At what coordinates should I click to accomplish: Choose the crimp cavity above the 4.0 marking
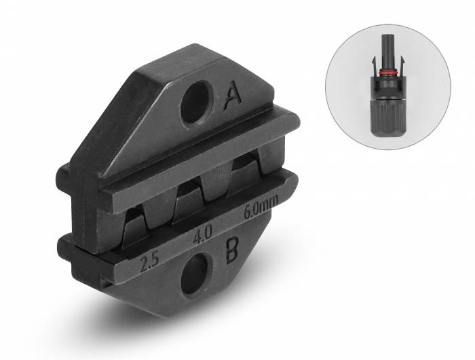click(x=191, y=200)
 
